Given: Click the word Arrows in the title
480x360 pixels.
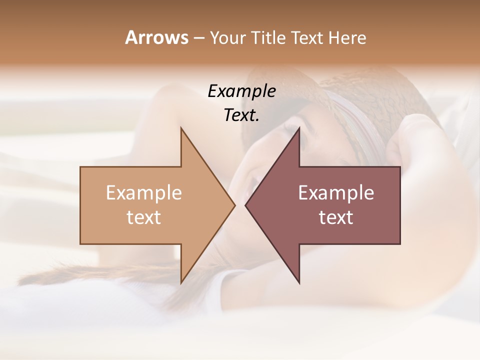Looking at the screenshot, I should click(156, 38).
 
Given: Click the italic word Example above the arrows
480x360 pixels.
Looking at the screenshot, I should click(241, 91).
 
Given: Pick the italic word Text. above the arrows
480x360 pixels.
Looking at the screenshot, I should click(241, 115).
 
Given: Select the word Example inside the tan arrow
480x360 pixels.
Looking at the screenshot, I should click(144, 193).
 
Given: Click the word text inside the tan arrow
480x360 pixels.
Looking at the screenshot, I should click(144, 217).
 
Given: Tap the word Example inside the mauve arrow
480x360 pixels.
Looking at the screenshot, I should click(336, 193).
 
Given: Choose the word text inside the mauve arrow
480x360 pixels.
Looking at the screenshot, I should click(336, 217).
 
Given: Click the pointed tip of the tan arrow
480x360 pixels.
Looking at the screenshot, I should click(234, 205).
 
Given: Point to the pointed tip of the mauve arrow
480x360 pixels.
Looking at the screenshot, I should click(246, 205).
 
